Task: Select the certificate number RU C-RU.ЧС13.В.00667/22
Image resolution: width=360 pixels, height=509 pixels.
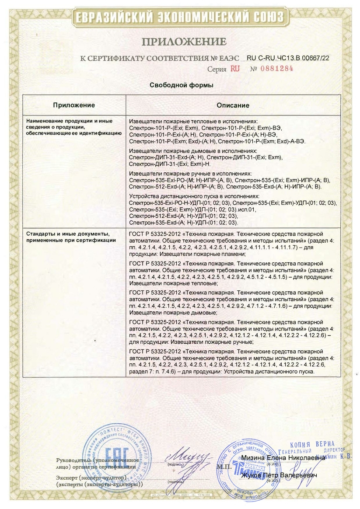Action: pos(288,57)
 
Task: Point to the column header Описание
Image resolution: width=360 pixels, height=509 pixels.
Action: pos(233,105)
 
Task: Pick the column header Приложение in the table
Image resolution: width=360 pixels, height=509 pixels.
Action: pos(74,105)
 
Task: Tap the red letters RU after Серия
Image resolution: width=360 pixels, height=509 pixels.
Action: pos(235,69)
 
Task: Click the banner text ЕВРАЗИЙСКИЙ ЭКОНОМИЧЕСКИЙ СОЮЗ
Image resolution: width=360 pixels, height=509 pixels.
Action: pos(179,17)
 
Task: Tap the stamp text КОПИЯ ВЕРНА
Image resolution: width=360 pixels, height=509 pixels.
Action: pos(312,444)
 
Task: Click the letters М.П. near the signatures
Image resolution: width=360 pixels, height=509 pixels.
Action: pos(222,467)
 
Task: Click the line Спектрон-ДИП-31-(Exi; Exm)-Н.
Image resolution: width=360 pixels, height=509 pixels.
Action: pos(170,164)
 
